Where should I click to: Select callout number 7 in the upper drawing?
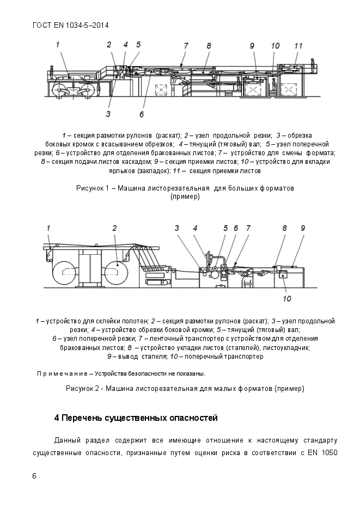[186, 46]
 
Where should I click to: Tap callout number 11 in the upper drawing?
[298, 46]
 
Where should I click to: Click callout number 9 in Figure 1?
[252, 46]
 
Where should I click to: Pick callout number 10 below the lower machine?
[287, 298]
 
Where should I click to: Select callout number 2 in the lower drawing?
[115, 228]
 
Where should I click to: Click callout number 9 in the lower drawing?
[303, 228]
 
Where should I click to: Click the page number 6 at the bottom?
[35, 476]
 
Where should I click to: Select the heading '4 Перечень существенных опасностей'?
[136, 418]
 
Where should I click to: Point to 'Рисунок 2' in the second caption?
[83, 389]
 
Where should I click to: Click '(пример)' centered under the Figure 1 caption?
[185, 197]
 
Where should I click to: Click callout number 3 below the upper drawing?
[108, 114]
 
